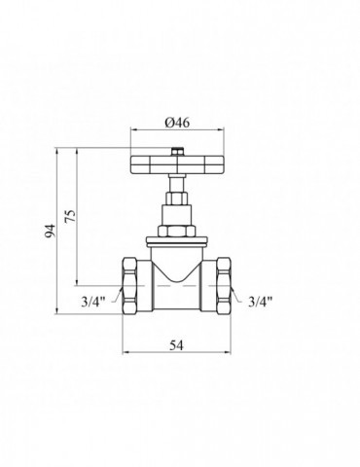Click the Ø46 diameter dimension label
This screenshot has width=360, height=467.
[177, 123]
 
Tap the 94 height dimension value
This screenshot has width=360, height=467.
[51, 232]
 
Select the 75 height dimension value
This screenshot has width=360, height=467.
[70, 215]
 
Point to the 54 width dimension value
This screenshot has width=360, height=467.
[177, 345]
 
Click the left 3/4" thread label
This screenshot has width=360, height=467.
[93, 302]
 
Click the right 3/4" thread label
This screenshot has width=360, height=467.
[260, 302]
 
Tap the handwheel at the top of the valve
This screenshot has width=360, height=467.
[177, 164]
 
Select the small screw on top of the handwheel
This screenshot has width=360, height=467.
[177, 152]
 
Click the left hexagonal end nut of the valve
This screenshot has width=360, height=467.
[130, 285]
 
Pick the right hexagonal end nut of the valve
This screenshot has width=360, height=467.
[224, 285]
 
